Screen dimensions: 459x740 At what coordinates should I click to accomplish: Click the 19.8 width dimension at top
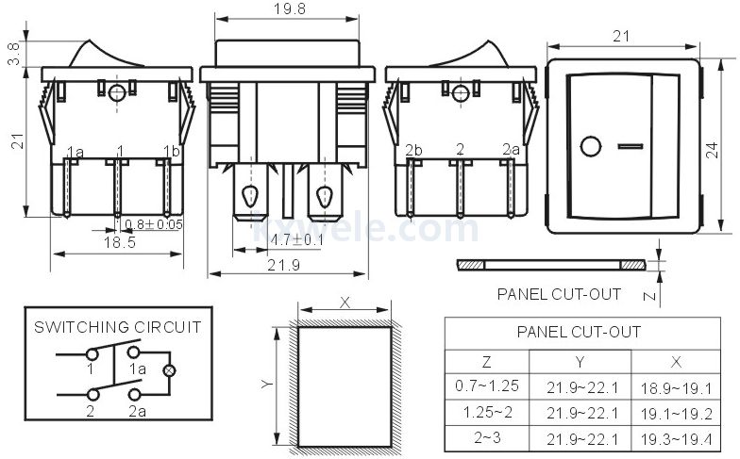[x=288, y=8]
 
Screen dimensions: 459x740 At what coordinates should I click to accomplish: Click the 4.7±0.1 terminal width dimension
[x=297, y=240]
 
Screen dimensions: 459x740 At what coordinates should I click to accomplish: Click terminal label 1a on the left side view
[x=75, y=152]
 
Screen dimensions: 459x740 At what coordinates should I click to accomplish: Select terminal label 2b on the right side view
[x=413, y=151]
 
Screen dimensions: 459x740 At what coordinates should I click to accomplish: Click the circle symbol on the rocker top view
[x=592, y=147]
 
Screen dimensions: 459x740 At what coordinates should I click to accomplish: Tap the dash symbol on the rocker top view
[x=631, y=147]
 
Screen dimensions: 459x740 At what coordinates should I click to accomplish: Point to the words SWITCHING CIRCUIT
[x=117, y=327]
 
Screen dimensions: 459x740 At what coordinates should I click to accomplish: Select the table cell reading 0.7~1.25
[x=486, y=387]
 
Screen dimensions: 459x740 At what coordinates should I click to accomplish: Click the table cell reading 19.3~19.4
[x=675, y=438]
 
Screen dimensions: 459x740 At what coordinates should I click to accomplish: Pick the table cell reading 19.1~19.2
[x=675, y=413]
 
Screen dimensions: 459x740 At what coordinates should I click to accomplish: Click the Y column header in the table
[x=580, y=362]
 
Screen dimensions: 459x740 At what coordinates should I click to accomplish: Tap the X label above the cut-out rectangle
[x=345, y=303]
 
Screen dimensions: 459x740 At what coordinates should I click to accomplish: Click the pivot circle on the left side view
[x=117, y=92]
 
